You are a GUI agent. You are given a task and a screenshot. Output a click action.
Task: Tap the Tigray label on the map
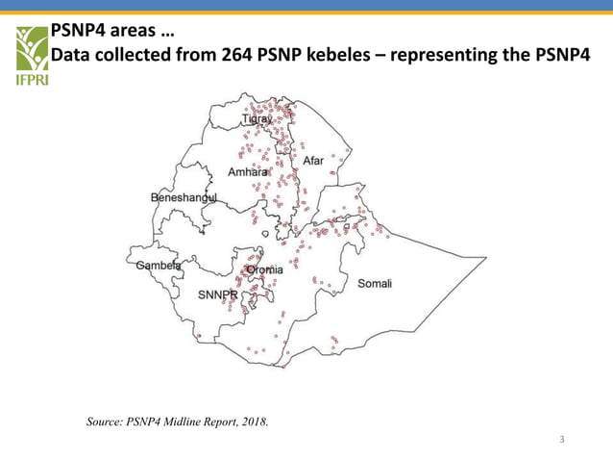[257, 119]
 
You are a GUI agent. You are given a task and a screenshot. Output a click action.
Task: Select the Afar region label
[313, 161]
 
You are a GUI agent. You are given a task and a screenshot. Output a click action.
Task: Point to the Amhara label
[247, 172]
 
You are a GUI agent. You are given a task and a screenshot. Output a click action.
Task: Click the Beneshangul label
[184, 197]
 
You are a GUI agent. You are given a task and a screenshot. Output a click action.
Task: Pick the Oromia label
[265, 270]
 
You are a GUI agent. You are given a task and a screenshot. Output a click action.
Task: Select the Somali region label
[375, 283]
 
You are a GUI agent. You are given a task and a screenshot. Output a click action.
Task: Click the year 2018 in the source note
[253, 421]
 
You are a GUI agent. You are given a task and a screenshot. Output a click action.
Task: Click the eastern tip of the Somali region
[486, 258]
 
